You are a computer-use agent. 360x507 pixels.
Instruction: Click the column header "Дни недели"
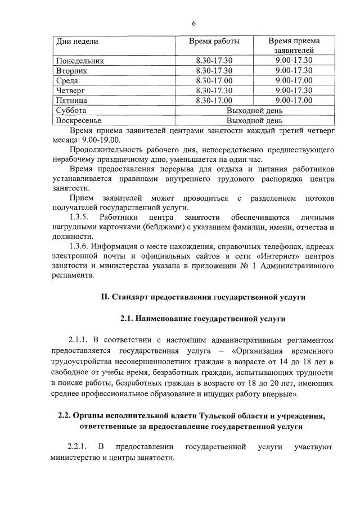click(x=78, y=42)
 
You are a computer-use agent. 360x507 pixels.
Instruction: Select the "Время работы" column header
click(x=214, y=42)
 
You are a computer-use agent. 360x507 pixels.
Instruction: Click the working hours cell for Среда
click(x=214, y=80)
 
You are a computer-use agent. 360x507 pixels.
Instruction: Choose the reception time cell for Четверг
click(x=294, y=90)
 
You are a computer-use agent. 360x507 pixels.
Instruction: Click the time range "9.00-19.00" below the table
click(x=101, y=139)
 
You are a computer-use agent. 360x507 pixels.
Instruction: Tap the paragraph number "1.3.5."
click(x=79, y=218)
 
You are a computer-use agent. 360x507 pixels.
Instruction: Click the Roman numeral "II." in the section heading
click(x=105, y=296)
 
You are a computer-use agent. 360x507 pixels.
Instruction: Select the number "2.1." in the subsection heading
click(x=128, y=319)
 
